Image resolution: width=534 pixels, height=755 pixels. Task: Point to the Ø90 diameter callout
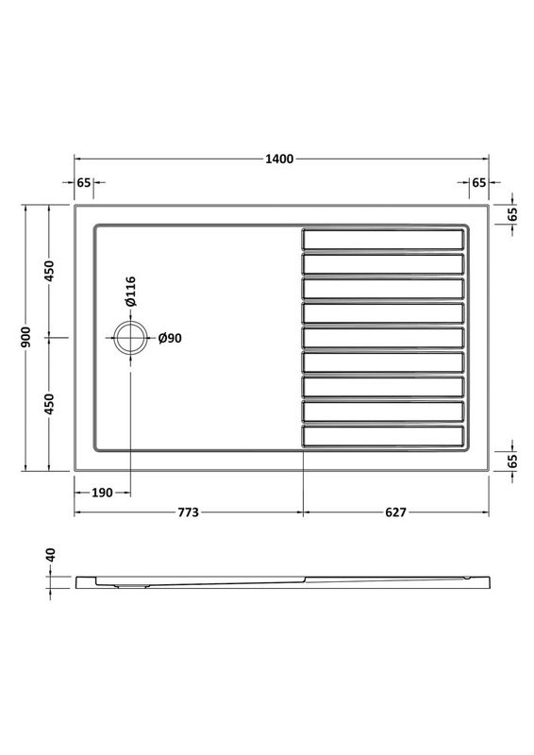[x=169, y=337]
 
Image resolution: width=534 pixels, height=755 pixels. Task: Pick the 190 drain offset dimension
[x=102, y=492]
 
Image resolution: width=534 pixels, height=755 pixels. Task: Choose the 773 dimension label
[x=188, y=512]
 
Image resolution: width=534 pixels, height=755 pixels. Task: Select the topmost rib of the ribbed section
[x=383, y=238]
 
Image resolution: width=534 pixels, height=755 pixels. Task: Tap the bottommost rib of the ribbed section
[x=383, y=437]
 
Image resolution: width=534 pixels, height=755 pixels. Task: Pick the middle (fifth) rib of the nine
[x=383, y=337]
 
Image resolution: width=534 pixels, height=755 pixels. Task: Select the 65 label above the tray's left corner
[x=84, y=182]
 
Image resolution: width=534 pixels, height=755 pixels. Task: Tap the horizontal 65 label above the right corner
[x=478, y=182]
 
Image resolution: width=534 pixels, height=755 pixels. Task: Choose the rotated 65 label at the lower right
[x=512, y=461]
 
